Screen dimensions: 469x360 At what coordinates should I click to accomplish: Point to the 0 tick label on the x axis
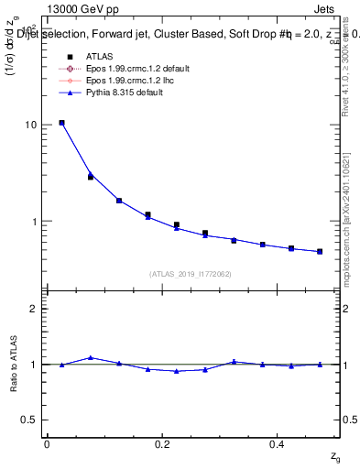point(47,443)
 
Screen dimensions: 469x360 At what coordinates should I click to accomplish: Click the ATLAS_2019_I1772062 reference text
point(191,274)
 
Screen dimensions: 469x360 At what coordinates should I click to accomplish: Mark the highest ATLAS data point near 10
point(61,123)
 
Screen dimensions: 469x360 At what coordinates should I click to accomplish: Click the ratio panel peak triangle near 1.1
point(90,357)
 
